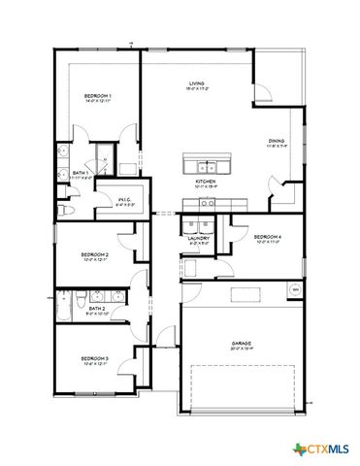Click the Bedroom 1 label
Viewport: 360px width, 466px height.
pyautogui.click(x=97, y=98)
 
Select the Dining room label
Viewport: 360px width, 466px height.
pyautogui.click(x=277, y=144)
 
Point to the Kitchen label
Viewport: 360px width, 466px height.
pyautogui.click(x=206, y=183)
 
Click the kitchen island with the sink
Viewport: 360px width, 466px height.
pyautogui.click(x=205, y=164)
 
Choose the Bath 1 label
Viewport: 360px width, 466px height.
pyautogui.click(x=82, y=176)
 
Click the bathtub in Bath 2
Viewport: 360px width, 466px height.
pyautogui.click(x=63, y=312)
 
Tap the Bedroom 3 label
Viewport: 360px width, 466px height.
pyautogui.click(x=94, y=360)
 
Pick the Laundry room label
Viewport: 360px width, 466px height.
pyautogui.click(x=200, y=239)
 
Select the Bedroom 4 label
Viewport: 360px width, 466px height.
pyautogui.click(x=266, y=239)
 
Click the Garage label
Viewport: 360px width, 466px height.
pyautogui.click(x=243, y=344)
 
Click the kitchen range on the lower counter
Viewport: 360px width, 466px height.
pyautogui.click(x=206, y=204)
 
